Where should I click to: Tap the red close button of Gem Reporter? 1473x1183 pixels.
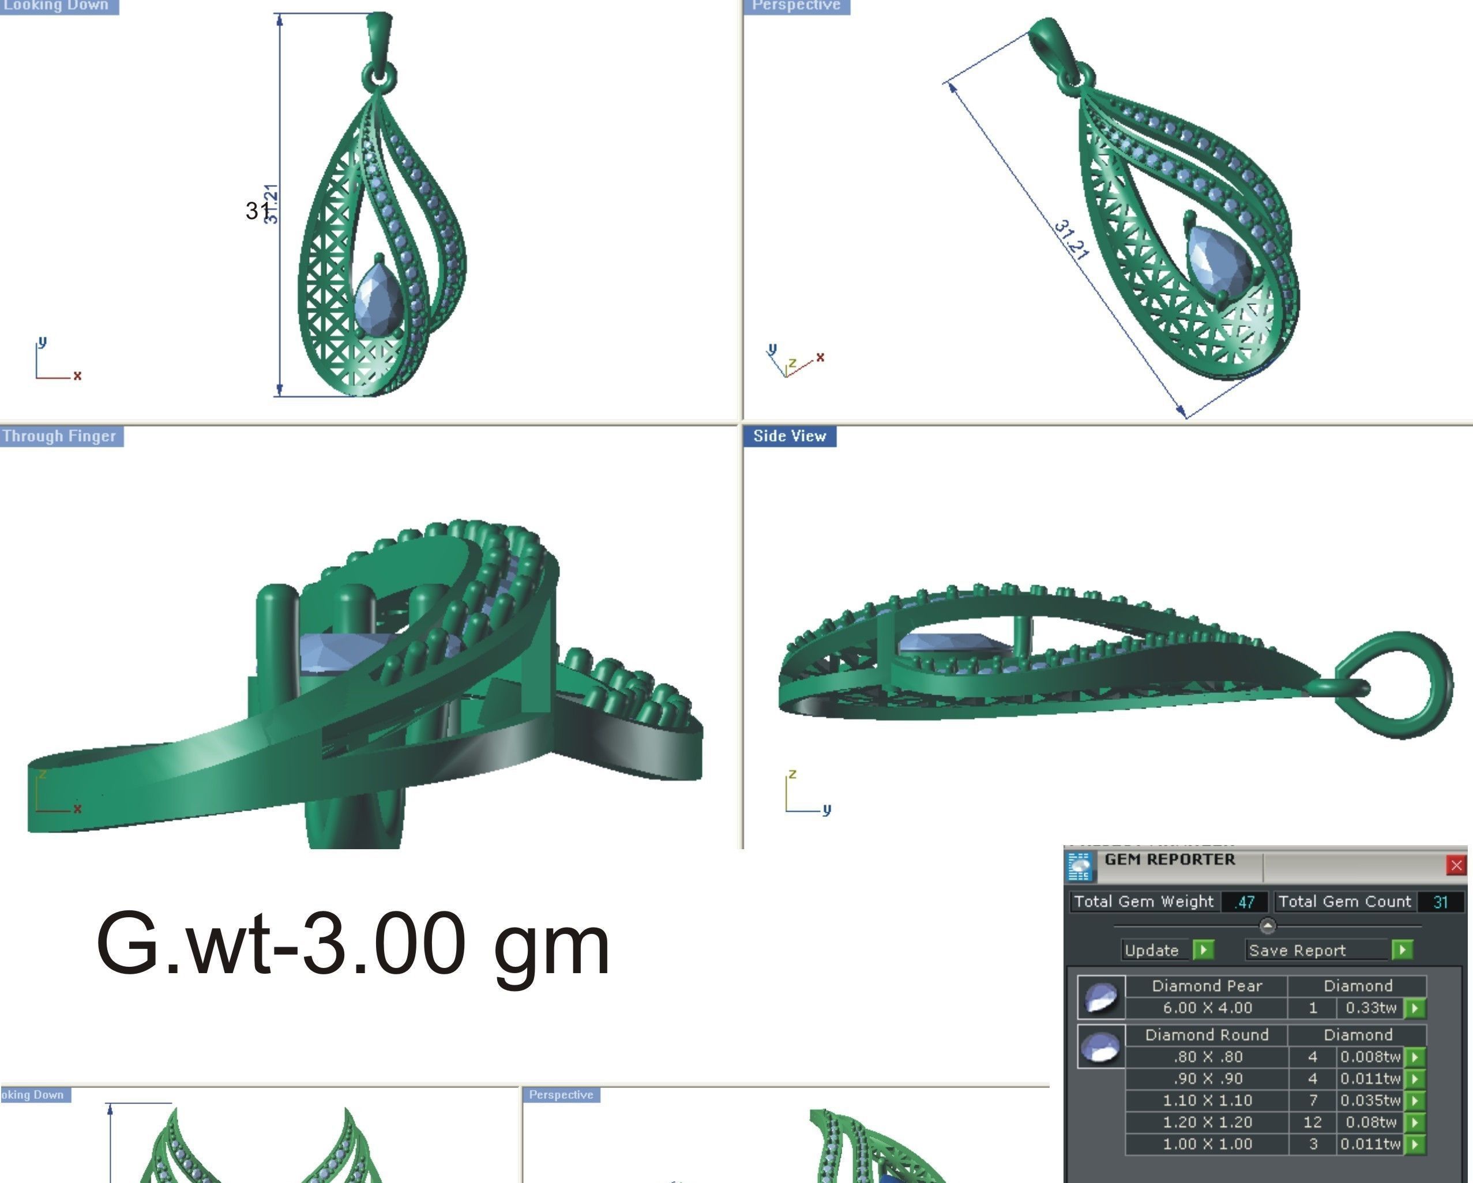[x=1456, y=865]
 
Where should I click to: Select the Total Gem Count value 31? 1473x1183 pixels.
[x=1440, y=902]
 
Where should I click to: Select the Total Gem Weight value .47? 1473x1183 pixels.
[x=1244, y=902]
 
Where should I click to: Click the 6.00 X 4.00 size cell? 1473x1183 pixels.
[x=1207, y=1008]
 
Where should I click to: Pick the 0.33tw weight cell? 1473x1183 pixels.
[x=1370, y=1008]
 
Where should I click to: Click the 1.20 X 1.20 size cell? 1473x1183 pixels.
[x=1207, y=1122]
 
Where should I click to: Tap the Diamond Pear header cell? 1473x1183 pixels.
[x=1207, y=986]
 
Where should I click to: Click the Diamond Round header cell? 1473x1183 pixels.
[x=1207, y=1035]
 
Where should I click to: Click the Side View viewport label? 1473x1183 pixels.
[x=789, y=436]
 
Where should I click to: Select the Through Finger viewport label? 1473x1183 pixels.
[x=60, y=436]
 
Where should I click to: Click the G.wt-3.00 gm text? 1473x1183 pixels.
[x=352, y=945]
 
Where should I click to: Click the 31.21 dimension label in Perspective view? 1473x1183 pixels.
[x=1070, y=239]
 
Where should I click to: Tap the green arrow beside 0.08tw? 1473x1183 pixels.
[x=1415, y=1122]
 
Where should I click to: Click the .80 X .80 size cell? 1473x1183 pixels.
[x=1207, y=1057]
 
